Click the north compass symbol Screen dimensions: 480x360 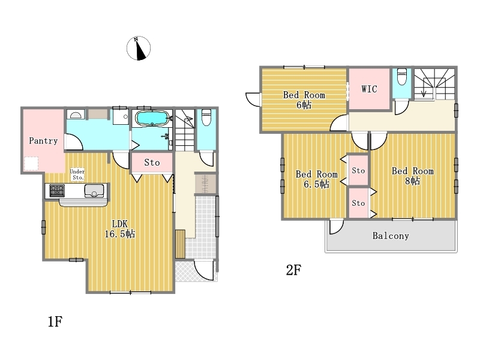pyautogui.click(x=139, y=48)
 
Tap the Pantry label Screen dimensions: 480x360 pyautogui.click(x=43, y=141)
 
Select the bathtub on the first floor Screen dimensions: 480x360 pyautogui.click(x=152, y=118)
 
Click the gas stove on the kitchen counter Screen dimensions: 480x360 pyautogui.click(x=57, y=190)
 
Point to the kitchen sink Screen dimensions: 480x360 pyautogui.click(x=94, y=191)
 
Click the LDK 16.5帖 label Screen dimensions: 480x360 pyautogui.click(x=119, y=229)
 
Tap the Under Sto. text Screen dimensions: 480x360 pyautogui.click(x=77, y=175)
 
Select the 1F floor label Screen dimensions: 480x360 pyautogui.click(x=55, y=322)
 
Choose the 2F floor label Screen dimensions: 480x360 pyautogui.click(x=293, y=270)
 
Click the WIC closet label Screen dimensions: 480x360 pyautogui.click(x=369, y=89)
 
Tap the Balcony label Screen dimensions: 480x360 pyautogui.click(x=391, y=236)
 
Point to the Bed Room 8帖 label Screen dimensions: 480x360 pyautogui.click(x=413, y=176)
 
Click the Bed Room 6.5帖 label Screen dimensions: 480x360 pyautogui.click(x=317, y=179)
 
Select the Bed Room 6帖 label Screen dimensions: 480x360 pyautogui.click(x=304, y=100)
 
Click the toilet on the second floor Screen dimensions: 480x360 pyautogui.click(x=401, y=77)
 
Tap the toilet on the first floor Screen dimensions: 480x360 pyautogui.click(x=206, y=117)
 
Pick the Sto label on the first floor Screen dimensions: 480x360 pyautogui.click(x=152, y=163)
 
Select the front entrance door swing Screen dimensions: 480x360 pyautogui.click(x=204, y=270)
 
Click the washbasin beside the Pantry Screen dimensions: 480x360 pyautogui.click(x=76, y=115)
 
